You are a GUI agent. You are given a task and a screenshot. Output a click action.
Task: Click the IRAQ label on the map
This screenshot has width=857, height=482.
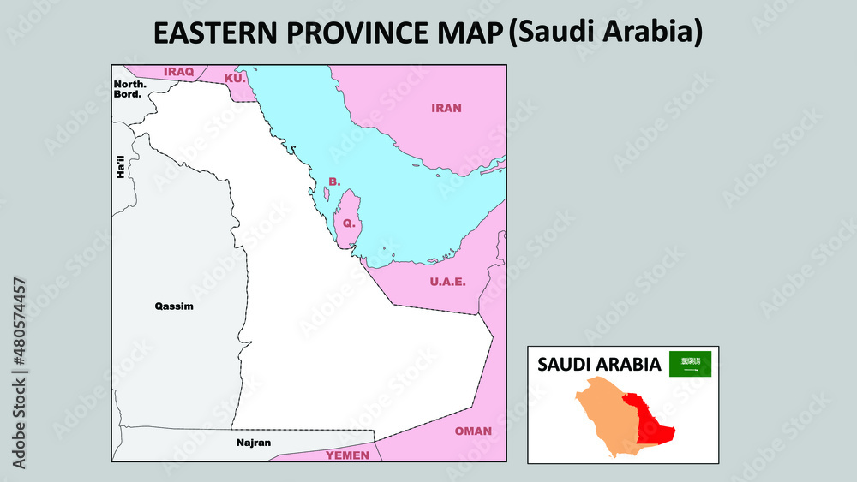179,72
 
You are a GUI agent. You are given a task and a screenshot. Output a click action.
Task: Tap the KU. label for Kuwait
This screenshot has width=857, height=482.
234,78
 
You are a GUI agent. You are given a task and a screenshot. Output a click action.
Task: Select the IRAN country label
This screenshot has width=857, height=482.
446,108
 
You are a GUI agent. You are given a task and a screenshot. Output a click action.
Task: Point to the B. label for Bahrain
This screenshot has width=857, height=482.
334,181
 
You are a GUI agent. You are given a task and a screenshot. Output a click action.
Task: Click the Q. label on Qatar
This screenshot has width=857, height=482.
348,223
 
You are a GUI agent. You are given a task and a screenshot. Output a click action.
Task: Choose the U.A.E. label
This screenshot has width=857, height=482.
447,282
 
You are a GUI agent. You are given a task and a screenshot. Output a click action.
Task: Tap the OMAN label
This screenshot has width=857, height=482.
473,431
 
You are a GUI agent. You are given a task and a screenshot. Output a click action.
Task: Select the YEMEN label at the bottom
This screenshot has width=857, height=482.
347,455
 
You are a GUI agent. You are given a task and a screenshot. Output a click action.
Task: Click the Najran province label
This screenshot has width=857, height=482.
253,443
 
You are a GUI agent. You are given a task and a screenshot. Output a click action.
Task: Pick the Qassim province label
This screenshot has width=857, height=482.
174,306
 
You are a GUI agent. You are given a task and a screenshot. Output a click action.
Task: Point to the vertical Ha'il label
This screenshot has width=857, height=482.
121,166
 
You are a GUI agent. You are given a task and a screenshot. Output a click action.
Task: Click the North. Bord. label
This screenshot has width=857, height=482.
129,88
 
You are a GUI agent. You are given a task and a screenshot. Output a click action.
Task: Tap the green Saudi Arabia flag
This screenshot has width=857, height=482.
690,364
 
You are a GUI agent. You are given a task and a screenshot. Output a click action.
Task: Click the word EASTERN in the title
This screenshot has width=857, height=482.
215,33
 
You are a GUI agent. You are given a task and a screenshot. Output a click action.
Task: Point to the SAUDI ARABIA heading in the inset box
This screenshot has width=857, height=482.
599,365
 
